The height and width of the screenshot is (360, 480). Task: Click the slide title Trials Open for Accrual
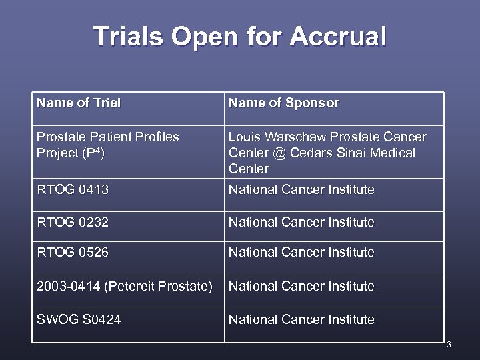[239, 36]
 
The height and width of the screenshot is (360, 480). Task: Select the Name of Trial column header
[79, 103]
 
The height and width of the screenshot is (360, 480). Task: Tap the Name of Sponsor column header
[284, 103]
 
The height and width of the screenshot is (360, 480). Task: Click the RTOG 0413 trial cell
[73, 190]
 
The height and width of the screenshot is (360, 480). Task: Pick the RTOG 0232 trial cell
[73, 223]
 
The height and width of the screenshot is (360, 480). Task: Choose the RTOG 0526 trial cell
[73, 253]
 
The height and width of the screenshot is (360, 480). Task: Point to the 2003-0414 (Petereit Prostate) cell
[125, 287]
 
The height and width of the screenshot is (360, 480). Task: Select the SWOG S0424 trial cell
[79, 320]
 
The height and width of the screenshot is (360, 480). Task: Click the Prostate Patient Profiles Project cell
[107, 145]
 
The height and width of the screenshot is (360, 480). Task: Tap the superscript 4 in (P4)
[97, 151]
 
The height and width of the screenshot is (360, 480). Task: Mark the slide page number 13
[447, 345]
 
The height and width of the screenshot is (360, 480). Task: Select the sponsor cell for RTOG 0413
[301, 190]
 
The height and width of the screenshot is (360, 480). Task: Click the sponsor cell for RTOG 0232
[301, 223]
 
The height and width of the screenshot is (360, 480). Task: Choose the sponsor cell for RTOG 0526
[301, 253]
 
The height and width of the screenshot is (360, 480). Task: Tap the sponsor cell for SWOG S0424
[301, 320]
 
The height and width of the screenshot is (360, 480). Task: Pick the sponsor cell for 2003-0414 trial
[301, 287]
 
